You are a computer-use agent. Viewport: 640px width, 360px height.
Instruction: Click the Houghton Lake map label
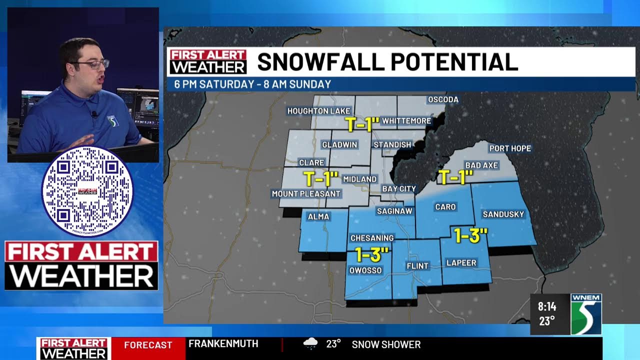pyautogui.click(x=319, y=110)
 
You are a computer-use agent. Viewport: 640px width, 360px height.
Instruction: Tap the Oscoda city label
pyautogui.click(x=443, y=99)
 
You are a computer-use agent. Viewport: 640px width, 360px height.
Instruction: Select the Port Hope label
pyautogui.click(x=510, y=148)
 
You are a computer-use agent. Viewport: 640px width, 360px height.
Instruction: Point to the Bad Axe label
pyautogui.click(x=481, y=165)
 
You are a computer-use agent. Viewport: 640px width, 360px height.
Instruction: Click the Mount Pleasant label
pyautogui.click(x=305, y=193)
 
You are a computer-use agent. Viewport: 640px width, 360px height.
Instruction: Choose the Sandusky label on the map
pyautogui.click(x=503, y=214)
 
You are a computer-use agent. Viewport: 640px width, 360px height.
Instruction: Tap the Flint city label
pyautogui.click(x=417, y=266)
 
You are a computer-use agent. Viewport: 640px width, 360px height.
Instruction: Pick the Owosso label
pyautogui.click(x=365, y=270)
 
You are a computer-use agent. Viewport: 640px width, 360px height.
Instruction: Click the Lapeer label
pyautogui.click(x=462, y=262)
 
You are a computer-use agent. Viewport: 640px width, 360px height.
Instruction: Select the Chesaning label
pyautogui.click(x=372, y=238)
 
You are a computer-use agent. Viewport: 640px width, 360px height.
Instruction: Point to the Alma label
pyautogui.click(x=318, y=216)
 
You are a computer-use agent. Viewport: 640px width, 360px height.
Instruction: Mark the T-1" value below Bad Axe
pyautogui.click(x=455, y=177)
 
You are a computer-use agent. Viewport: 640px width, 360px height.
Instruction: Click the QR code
pyautogui.click(x=87, y=191)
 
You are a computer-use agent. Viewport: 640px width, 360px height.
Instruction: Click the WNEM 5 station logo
pyautogui.click(x=586, y=314)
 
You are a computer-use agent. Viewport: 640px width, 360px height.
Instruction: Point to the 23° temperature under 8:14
pyautogui.click(x=547, y=321)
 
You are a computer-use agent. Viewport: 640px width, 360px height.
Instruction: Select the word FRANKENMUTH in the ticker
pyautogui.click(x=223, y=344)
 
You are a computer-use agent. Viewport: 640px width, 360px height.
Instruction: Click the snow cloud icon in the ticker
pyautogui.click(x=310, y=344)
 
